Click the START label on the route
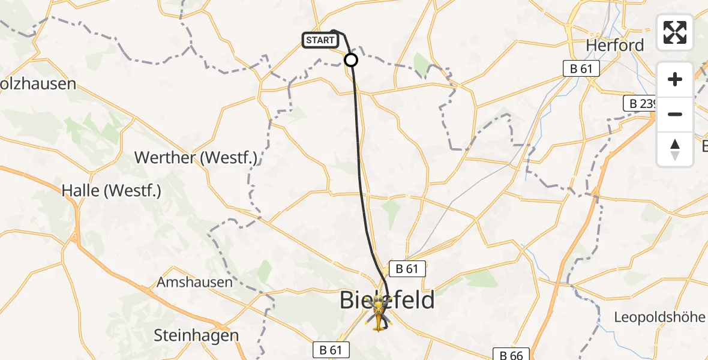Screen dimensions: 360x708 pyautogui.click(x=320, y=41)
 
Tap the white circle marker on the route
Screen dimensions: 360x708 pyautogui.click(x=351, y=60)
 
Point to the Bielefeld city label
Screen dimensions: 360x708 pyautogui.click(x=387, y=299)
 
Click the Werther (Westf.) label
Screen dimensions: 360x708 pyautogui.click(x=196, y=158)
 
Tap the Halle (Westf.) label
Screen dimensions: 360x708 pyautogui.click(x=112, y=191)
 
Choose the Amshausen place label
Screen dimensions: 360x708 pyautogui.click(x=194, y=282)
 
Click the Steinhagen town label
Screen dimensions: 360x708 pyautogui.click(x=196, y=335)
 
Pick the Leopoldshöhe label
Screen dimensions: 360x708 pyautogui.click(x=659, y=317)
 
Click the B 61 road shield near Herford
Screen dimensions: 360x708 pyautogui.click(x=581, y=69)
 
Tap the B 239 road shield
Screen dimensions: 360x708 pyautogui.click(x=641, y=103)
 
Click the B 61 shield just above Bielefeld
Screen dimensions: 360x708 pyautogui.click(x=406, y=269)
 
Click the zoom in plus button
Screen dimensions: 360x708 pyautogui.click(x=675, y=80)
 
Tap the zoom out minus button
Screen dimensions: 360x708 pyautogui.click(x=675, y=114)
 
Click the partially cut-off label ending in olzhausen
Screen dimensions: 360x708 pyautogui.click(x=38, y=83)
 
